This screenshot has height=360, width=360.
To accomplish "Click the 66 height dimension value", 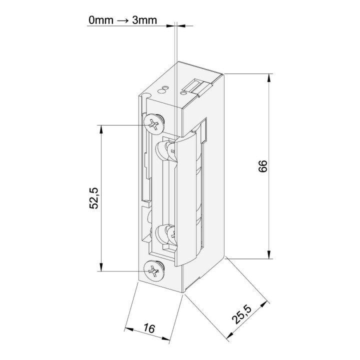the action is point(263,166).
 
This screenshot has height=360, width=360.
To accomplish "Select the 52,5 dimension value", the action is point(94,198).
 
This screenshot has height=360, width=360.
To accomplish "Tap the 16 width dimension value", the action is point(149,328).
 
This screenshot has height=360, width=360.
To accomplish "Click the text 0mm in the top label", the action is point(101,20).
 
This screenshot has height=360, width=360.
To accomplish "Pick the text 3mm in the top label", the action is point(144,20).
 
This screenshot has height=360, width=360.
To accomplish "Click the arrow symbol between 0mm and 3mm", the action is point(123,20).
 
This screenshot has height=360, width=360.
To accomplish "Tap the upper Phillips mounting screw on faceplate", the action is point(154,124).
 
